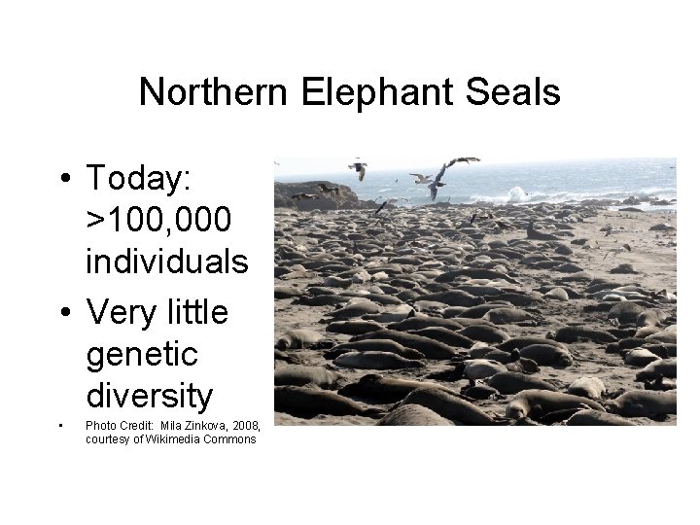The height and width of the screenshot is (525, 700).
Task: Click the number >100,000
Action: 158,221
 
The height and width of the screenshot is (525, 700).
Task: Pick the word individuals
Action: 167,262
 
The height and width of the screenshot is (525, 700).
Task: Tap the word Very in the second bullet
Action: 120,313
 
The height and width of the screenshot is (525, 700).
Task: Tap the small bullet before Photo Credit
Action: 60,426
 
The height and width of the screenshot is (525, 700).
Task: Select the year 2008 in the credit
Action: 244,425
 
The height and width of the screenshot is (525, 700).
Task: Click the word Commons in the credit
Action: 233,438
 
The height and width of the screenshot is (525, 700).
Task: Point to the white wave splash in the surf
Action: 514,193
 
